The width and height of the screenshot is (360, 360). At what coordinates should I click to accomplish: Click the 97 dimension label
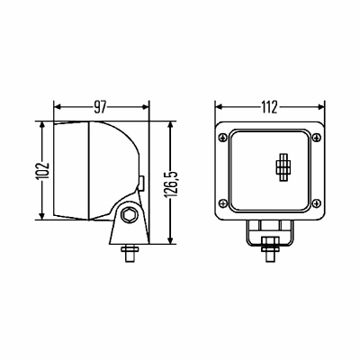(x=100, y=107)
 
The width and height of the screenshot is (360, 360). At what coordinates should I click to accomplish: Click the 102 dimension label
(x=42, y=171)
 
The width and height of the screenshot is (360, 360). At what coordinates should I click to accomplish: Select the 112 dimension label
(x=269, y=107)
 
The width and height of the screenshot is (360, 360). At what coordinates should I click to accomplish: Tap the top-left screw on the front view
(x=223, y=138)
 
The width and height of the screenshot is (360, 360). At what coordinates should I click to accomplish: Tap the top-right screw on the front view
(x=317, y=138)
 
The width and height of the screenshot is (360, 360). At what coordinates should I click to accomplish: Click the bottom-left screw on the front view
(x=223, y=203)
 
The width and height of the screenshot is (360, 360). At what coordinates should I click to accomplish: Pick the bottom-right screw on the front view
(x=317, y=203)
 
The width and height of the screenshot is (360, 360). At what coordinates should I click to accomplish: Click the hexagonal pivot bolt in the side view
(x=129, y=215)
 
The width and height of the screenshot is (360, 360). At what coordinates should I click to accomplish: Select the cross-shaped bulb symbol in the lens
(x=283, y=167)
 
